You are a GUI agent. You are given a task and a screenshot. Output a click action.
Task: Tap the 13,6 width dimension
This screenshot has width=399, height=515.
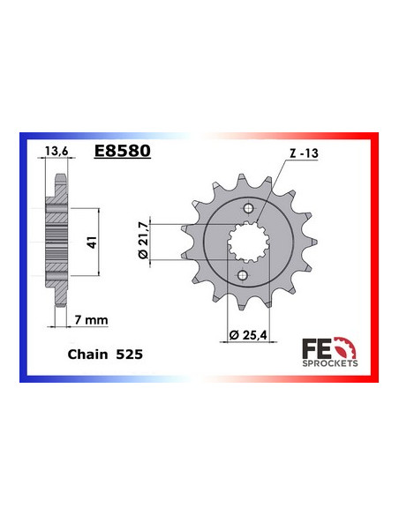(56, 151)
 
